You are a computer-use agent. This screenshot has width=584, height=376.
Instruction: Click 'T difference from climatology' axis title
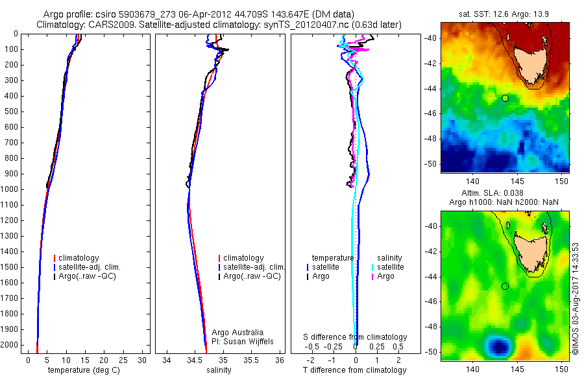pos(355,370)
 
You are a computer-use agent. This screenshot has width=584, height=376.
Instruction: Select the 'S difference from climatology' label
pos(356,337)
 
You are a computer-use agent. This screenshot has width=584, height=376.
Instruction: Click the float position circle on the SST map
pos(505,98)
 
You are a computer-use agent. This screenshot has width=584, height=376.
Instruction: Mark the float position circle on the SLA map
pos(505,286)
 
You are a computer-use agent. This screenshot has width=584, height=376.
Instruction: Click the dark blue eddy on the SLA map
pos(498,346)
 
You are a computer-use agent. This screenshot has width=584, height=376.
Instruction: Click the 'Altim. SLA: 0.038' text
pos(505,193)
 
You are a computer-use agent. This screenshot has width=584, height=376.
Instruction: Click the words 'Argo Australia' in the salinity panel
pos(237,333)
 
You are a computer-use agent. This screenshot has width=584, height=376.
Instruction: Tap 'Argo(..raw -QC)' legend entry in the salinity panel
pos(252,276)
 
